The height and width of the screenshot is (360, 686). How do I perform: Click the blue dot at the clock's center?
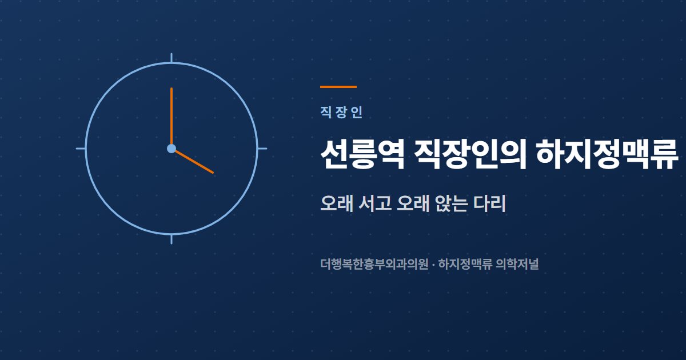tap(171, 149)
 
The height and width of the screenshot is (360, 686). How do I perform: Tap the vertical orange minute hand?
tap(171, 117)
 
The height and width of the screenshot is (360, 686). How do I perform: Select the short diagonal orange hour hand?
tap(194, 162)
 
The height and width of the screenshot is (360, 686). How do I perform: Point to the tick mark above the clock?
tap(171, 58)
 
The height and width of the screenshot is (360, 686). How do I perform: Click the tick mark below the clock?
tap(171, 239)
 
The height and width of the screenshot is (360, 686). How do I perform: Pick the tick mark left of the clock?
tap(81, 149)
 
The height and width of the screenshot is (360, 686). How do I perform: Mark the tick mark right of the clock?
tap(262, 149)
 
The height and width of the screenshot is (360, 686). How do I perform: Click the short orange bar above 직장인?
tap(338, 87)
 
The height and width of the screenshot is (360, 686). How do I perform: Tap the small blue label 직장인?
tap(341, 113)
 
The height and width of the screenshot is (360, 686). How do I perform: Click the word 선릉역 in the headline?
tap(362, 154)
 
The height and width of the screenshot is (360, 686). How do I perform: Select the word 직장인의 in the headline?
tap(470, 154)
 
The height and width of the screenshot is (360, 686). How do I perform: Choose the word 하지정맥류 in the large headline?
tap(607, 154)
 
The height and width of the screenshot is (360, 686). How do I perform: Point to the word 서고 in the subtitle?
tap(374, 203)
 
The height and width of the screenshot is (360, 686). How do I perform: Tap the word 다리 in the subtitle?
tap(489, 203)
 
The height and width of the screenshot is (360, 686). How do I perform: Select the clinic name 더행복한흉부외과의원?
tap(374, 264)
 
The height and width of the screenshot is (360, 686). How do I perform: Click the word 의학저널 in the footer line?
tap(517, 264)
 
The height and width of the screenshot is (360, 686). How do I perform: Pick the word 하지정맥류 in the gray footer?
tap(465, 264)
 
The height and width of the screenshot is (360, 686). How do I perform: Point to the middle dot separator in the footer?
tap(433, 264)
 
